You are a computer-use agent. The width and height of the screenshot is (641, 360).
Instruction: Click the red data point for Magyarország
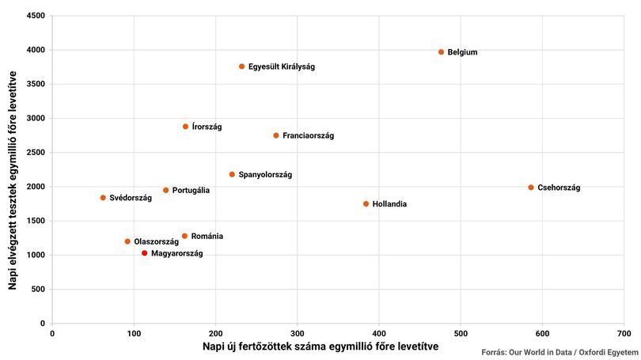(x=144, y=253)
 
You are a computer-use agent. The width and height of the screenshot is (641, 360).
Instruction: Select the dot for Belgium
(x=441, y=52)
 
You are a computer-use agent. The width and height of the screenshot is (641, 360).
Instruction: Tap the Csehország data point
(x=531, y=188)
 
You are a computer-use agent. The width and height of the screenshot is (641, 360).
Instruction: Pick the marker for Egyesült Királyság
(x=242, y=66)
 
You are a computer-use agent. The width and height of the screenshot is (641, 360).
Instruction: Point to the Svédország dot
(x=103, y=198)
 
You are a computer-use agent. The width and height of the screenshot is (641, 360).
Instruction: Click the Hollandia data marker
(x=366, y=204)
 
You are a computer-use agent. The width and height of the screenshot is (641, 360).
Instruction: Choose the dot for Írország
(x=186, y=127)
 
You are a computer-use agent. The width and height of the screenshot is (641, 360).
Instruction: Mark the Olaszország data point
(x=127, y=241)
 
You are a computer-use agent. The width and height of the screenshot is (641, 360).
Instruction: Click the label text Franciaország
(x=309, y=135)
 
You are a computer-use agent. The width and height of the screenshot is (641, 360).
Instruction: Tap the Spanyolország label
(x=265, y=175)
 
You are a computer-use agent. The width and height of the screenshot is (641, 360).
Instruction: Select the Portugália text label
(x=191, y=191)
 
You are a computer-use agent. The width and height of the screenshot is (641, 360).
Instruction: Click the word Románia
(x=207, y=237)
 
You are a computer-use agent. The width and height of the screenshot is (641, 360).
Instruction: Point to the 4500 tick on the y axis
(x=36, y=16)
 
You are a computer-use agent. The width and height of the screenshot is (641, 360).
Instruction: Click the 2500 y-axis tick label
(x=36, y=153)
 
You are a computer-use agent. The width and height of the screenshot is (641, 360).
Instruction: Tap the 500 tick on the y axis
(x=38, y=289)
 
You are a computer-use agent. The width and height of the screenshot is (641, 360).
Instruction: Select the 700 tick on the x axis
(x=624, y=333)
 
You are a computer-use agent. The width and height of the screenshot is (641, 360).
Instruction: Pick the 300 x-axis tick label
(x=298, y=333)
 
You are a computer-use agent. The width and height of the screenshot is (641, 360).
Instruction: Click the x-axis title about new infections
(x=320, y=347)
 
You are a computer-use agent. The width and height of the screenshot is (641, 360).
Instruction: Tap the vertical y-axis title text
(x=13, y=180)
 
